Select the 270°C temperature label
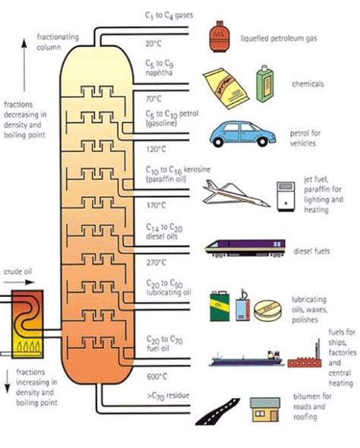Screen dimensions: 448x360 156,262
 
